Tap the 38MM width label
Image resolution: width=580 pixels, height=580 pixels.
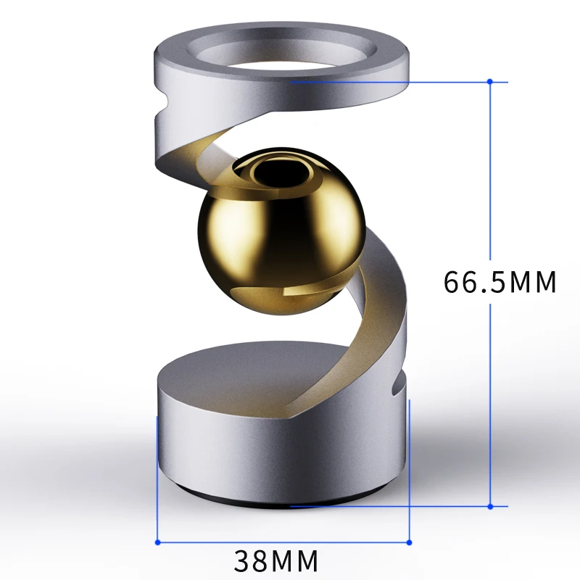[276, 560]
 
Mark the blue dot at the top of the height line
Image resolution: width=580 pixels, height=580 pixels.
[491, 81]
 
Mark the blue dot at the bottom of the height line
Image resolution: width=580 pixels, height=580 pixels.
[491, 506]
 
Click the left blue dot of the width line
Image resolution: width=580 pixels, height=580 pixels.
[157, 542]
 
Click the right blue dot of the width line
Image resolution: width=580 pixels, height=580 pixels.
[409, 542]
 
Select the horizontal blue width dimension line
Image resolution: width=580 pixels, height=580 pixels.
[283, 542]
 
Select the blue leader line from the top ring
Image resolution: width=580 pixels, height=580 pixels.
[391, 81]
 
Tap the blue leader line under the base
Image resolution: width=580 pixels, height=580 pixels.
[391, 506]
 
